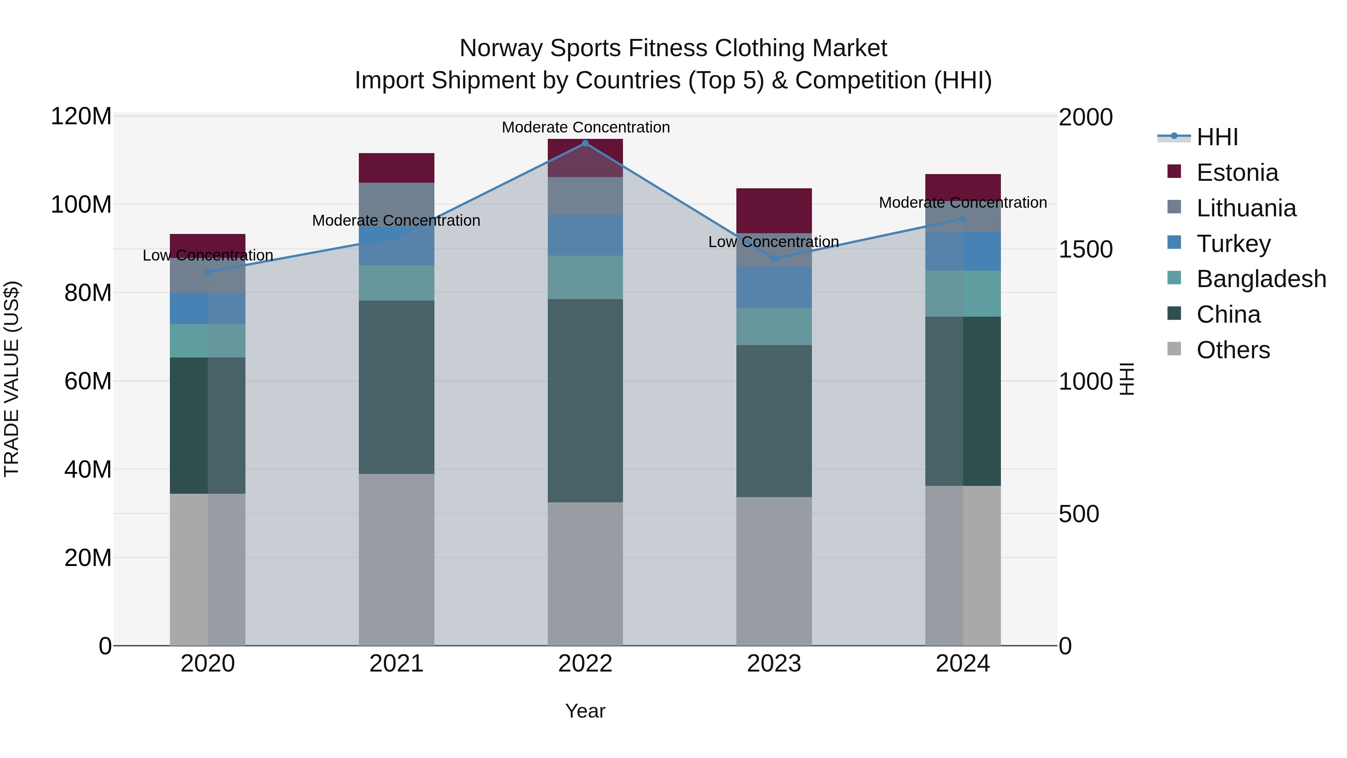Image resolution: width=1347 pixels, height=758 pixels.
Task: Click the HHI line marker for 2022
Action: (585, 143)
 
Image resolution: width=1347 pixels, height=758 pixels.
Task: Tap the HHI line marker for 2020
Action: (208, 272)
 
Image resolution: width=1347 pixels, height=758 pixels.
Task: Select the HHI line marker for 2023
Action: (774, 258)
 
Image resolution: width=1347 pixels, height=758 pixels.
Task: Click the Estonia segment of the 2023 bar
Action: (774, 210)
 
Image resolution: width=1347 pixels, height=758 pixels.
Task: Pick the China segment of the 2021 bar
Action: (396, 387)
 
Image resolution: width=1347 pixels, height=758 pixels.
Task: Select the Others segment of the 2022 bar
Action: (585, 573)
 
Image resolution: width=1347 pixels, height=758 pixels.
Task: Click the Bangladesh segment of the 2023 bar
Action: (774, 326)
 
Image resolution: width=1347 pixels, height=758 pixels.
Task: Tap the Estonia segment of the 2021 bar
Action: (396, 167)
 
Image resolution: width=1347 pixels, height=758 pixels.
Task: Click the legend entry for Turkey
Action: (1233, 244)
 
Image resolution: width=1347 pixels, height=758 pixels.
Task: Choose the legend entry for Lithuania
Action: (1246, 208)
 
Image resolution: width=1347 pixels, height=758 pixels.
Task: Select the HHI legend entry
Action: (1216, 137)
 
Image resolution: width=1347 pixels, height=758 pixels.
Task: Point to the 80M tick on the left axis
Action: (88, 293)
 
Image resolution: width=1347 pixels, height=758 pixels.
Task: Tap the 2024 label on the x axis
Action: (963, 664)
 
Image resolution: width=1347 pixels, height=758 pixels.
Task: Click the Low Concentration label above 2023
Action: (773, 242)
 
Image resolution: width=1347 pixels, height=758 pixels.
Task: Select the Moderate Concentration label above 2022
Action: (586, 127)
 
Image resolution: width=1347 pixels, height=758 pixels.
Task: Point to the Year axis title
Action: (585, 711)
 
